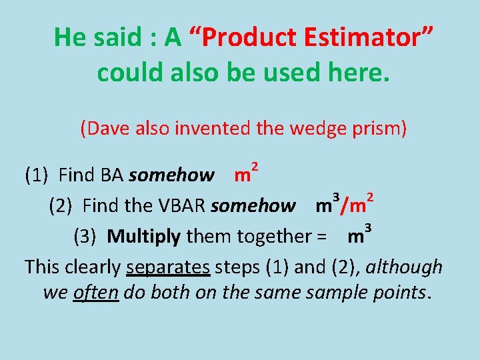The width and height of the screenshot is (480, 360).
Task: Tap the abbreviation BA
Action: click(x=112, y=175)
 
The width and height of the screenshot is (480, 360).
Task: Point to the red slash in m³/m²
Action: click(x=343, y=205)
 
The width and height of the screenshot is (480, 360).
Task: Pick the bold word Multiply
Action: click(x=143, y=236)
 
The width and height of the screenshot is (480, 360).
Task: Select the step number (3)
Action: click(x=86, y=236)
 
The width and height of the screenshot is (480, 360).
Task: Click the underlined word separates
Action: click(x=168, y=267)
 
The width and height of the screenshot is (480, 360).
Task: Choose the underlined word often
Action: click(x=95, y=293)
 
